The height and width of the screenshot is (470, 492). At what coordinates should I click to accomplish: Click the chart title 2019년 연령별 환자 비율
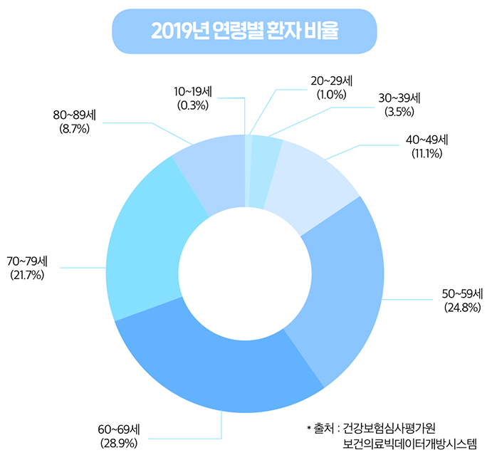click(244, 32)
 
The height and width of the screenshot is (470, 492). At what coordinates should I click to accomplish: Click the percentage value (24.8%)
click(463, 308)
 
